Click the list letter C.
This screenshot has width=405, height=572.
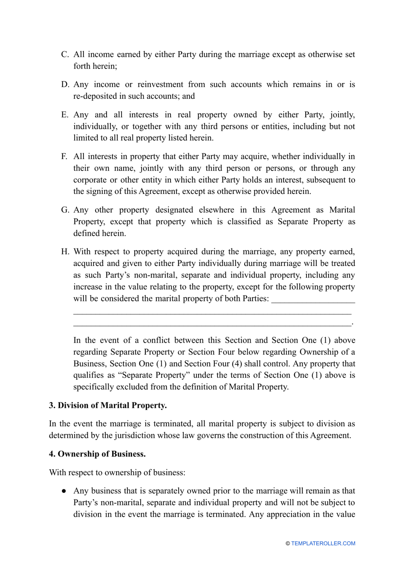point(65,55)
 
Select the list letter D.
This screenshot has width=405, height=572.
point(65,84)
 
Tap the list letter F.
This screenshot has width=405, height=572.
point(64,156)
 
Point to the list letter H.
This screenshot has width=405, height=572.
point(65,251)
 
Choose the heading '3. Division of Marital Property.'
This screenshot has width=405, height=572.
point(108,405)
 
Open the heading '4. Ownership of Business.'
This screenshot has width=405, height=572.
point(97,454)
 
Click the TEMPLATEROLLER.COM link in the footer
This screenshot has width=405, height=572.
point(323,543)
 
